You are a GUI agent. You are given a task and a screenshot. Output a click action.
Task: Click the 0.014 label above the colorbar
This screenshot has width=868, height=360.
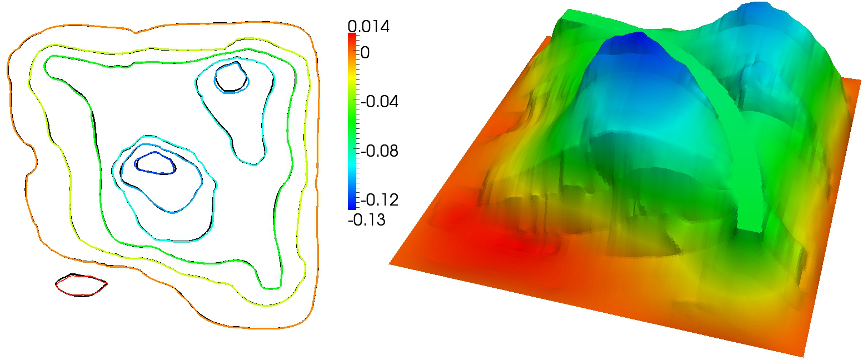coord(368,26)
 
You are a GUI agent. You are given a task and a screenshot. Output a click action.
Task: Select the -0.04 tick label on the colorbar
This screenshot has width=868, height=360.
coord(380,102)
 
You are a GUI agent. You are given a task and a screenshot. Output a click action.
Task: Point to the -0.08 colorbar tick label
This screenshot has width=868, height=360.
coord(380,151)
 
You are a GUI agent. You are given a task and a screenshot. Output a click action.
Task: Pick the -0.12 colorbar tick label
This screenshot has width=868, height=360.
coord(380,200)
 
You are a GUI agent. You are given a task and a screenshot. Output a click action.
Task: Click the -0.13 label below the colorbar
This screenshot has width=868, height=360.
coord(367,220)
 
